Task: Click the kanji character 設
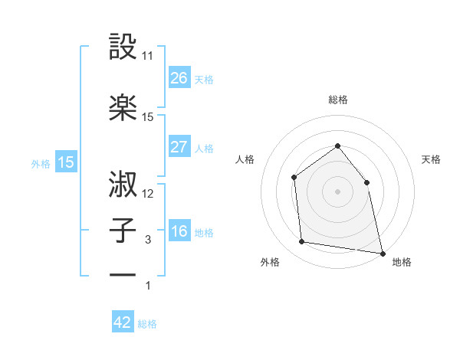point(123,47)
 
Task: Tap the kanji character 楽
point(123,107)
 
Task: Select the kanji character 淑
point(123,185)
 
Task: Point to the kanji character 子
point(123,229)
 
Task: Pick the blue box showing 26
point(179,77)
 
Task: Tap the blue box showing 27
point(179,147)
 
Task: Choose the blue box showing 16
point(179,231)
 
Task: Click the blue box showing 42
point(123,322)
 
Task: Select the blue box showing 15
point(65,162)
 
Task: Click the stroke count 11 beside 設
point(148,56)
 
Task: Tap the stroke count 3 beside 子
point(148,240)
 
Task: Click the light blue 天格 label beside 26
point(204,79)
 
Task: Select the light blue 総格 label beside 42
point(147,324)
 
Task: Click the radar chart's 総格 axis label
point(337,100)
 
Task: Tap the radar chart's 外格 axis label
point(270,263)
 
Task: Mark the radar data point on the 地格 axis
point(382,252)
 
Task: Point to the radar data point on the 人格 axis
point(294,178)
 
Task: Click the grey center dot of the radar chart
point(337,191)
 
